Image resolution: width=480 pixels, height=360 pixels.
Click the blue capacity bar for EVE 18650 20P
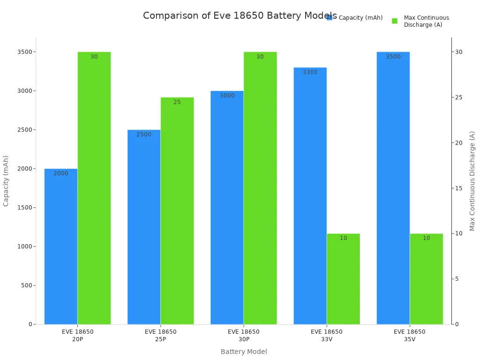pyautogui.click(x=61, y=246)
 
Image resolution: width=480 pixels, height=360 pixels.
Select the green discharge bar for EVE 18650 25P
pyautogui.click(x=177, y=211)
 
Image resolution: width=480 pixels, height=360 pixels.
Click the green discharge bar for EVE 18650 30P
pyautogui.click(x=260, y=187)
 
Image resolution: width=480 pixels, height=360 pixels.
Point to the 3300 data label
pyautogui.click(x=310, y=72)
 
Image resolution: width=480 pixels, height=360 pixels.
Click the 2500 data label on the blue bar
pyautogui.click(x=144, y=135)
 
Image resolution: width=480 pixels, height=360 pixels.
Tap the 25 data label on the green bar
pyautogui.click(x=177, y=102)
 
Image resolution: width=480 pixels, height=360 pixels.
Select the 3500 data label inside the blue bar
pyautogui.click(x=393, y=57)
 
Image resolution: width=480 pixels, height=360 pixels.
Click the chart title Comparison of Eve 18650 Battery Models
pyautogui.click(x=240, y=15)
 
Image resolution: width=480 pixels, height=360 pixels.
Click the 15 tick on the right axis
pyautogui.click(x=458, y=188)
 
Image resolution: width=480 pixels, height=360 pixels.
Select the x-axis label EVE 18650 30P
pyautogui.click(x=244, y=335)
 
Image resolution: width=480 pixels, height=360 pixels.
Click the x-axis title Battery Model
pyautogui.click(x=244, y=352)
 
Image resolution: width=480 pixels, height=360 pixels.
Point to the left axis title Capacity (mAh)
pyautogui.click(x=6, y=180)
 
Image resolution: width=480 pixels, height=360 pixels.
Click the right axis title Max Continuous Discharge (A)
pyautogui.click(x=472, y=180)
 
